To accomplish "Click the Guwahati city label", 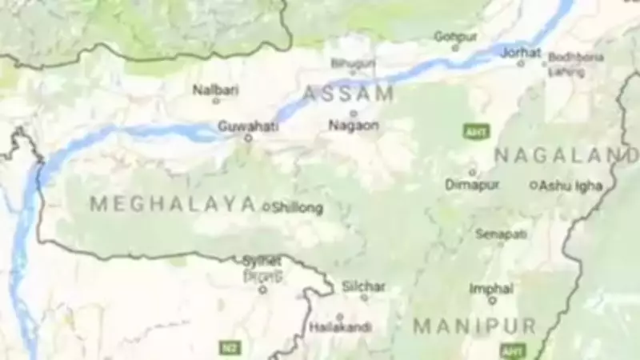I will click(x=248, y=126).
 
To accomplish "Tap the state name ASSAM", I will click(x=349, y=94).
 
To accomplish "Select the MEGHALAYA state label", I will click(x=173, y=205).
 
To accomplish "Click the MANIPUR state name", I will click(x=474, y=326).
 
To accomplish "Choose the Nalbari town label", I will click(x=215, y=90).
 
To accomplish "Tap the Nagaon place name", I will click(x=353, y=126).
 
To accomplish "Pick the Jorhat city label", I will click(x=520, y=52).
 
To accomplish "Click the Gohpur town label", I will click(x=454, y=36).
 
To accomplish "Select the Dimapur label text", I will click(x=472, y=185).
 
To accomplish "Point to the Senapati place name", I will click(x=501, y=234).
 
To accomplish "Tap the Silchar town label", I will click(x=364, y=286).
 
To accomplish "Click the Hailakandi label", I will click(x=340, y=327).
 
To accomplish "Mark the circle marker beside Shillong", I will click(x=267, y=207).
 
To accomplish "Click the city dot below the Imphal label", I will click(x=492, y=301).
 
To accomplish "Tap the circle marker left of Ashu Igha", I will click(x=534, y=185).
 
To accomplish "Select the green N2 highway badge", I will click(x=230, y=347).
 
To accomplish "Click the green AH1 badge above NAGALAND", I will click(x=476, y=132).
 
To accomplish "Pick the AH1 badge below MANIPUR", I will click(x=512, y=350).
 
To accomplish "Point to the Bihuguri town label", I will click(x=353, y=62).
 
